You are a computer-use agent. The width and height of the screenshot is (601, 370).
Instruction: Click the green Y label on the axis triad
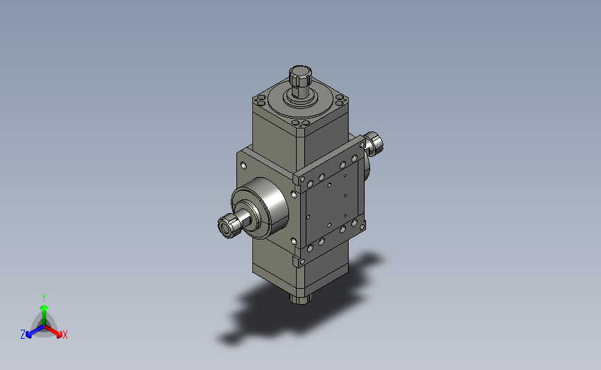(44, 298)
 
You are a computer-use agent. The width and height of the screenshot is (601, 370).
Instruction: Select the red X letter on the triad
(64, 335)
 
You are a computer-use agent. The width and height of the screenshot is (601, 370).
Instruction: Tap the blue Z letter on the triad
(23, 335)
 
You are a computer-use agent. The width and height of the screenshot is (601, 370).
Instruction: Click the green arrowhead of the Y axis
(44, 308)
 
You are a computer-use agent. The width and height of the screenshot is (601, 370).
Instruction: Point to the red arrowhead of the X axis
(59, 335)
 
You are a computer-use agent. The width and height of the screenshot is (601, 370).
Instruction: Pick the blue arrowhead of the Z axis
(28, 335)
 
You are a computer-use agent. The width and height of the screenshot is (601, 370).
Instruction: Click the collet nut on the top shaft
(300, 76)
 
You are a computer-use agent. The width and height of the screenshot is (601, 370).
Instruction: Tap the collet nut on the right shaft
(374, 144)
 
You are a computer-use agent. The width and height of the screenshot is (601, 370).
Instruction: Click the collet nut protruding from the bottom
(299, 298)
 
